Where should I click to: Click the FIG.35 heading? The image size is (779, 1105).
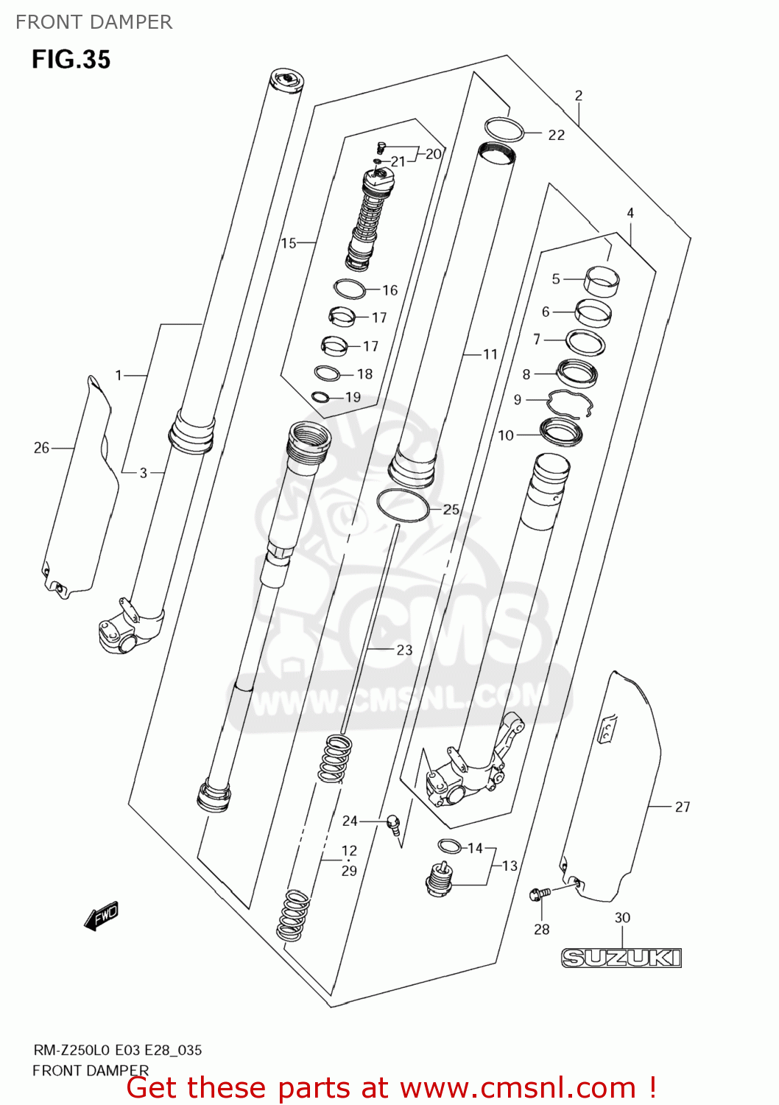[x=71, y=59]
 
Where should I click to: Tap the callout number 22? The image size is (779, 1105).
[x=556, y=135]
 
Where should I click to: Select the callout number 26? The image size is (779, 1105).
[x=41, y=447]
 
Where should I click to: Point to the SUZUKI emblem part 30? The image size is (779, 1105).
[x=621, y=957]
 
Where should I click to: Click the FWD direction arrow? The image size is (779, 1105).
[x=101, y=916]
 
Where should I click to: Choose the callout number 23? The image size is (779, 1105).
[x=404, y=650]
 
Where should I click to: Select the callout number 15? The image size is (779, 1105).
[x=288, y=242]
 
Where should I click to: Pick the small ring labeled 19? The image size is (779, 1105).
[x=320, y=398]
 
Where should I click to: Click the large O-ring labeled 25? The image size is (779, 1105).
[x=403, y=505]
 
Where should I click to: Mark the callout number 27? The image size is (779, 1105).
[x=683, y=807]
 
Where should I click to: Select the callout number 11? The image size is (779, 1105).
[x=490, y=354]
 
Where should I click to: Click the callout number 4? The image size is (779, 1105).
[x=630, y=213]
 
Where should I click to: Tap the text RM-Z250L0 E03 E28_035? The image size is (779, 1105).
[x=117, y=1050]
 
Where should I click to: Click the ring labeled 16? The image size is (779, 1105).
[x=350, y=289]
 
